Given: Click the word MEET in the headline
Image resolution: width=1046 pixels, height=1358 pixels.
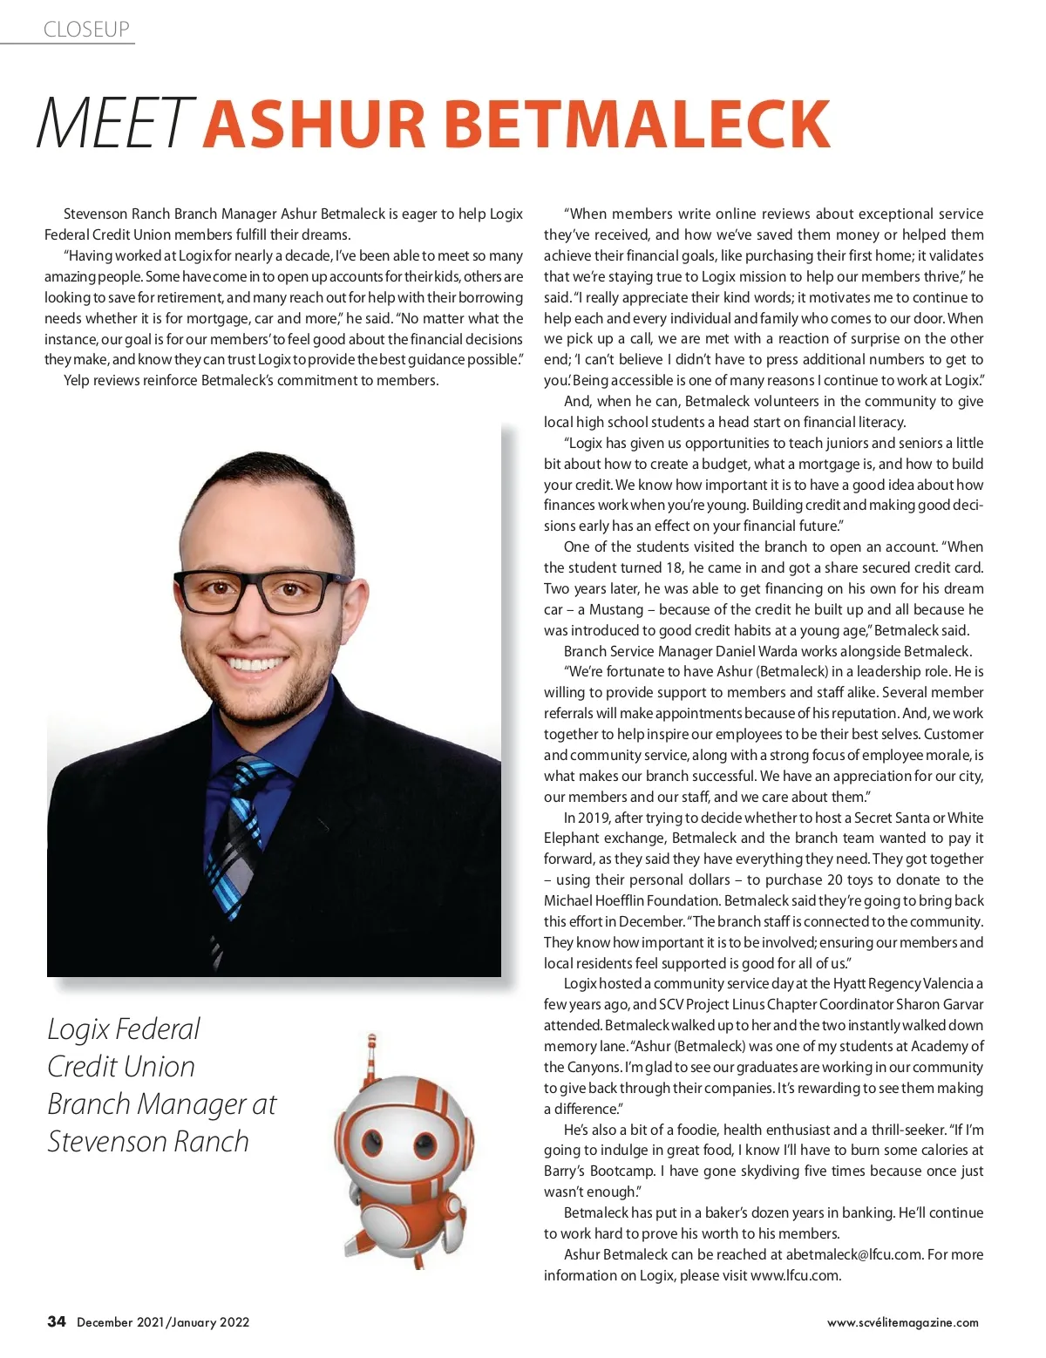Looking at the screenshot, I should click(x=112, y=124).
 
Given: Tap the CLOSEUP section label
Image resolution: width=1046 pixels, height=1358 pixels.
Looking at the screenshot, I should click(x=86, y=30).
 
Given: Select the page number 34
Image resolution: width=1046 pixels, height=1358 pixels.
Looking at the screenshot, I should click(x=57, y=1321).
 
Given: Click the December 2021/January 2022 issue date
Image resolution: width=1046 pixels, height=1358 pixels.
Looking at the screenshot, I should click(x=163, y=1322).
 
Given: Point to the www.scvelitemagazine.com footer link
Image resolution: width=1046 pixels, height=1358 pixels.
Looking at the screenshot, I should click(x=902, y=1322).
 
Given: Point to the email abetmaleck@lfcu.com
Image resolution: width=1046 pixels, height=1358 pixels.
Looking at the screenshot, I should click(x=853, y=1254).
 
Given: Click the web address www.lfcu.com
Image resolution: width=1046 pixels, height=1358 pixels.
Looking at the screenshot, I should click(x=795, y=1275).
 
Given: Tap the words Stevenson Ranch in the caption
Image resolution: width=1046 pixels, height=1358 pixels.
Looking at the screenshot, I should click(x=148, y=1141).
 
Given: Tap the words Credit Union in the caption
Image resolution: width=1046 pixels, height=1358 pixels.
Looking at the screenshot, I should click(x=121, y=1066).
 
